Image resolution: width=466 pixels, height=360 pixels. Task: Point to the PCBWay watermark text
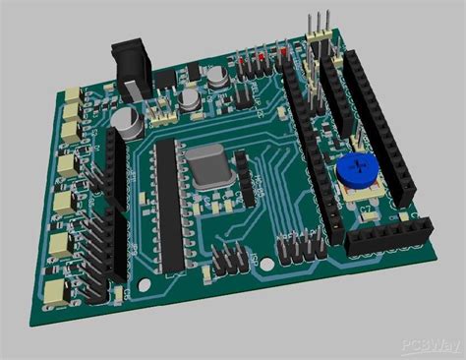[x=429, y=346]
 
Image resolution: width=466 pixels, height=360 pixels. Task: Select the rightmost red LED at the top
[x=284, y=51]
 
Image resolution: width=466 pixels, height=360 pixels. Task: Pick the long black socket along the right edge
[x=379, y=118]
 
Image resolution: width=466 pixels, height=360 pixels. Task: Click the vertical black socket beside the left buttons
[x=116, y=207]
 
